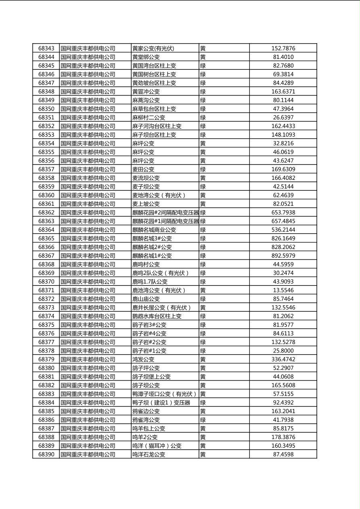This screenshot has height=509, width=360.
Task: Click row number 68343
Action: coord(46,48)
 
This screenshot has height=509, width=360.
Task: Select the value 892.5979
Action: coord(283,256)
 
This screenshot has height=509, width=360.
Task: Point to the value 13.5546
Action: coord(283,290)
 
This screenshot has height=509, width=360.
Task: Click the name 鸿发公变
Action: coord(143,359)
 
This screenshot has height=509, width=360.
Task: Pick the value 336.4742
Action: coord(283,359)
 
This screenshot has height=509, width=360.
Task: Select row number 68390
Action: coord(46,455)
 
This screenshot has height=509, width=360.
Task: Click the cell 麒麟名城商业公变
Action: coord(154,230)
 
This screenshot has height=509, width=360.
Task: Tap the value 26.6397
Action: coord(283,117)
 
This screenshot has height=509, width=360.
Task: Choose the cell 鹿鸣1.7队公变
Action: coord(150,282)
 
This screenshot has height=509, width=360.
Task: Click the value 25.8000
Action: coord(283,351)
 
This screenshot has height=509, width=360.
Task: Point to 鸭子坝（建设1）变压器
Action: coord(161,403)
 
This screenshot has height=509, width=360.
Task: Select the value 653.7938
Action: coord(283,213)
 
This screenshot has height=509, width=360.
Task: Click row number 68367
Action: coord(46,256)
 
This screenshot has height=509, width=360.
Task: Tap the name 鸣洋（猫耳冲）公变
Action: coord(157,446)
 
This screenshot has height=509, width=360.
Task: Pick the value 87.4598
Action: coord(283,455)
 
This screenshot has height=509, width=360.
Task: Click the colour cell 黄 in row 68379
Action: coord(203,359)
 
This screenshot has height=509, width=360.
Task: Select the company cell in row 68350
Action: coord(88,109)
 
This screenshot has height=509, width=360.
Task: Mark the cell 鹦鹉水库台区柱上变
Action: coord(157,316)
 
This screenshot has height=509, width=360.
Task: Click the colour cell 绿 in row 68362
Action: coord(203,213)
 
